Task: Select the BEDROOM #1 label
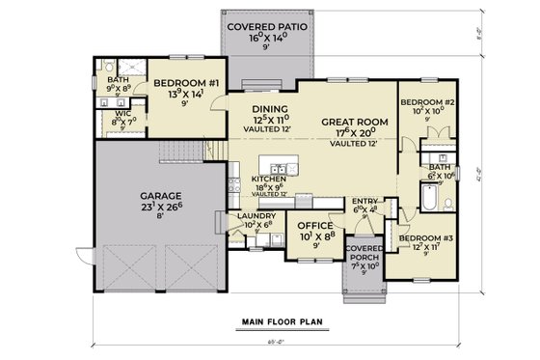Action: (x=178, y=84)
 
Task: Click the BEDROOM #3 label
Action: (x=426, y=236)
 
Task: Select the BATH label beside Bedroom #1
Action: (x=118, y=80)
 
